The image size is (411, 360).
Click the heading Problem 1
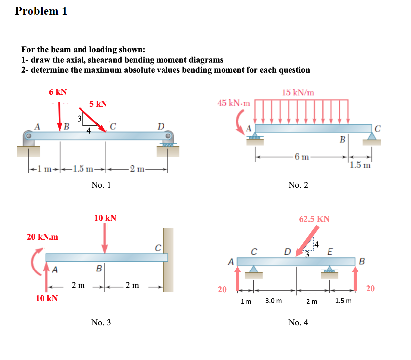coord(41,11)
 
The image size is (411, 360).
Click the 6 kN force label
coord(58,92)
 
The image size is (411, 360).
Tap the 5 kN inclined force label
coord(98,104)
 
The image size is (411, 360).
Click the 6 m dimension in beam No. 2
coord(302,158)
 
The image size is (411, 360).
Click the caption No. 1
coord(101,185)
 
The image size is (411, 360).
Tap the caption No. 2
coord(298,185)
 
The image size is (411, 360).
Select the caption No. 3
coord(101,323)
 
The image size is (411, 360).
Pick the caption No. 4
coord(298,323)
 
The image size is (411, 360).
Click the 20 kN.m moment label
coord(42,237)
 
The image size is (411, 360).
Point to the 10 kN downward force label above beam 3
coord(105,218)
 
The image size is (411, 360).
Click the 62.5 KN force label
coord(314,219)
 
